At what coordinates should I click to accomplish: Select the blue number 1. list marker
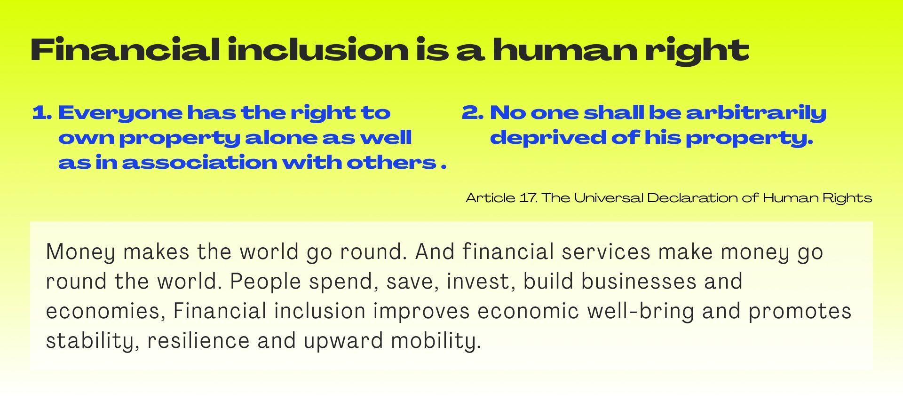click(42, 113)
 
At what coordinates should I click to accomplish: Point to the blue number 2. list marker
click(473, 113)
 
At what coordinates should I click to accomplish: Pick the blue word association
click(199, 163)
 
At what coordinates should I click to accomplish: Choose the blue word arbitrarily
click(756, 113)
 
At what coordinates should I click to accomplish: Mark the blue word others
click(392, 163)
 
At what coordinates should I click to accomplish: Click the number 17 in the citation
click(528, 198)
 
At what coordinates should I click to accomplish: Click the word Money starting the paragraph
click(80, 252)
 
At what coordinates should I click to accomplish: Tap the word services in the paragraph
click(606, 252)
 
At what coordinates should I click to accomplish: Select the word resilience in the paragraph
click(198, 341)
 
